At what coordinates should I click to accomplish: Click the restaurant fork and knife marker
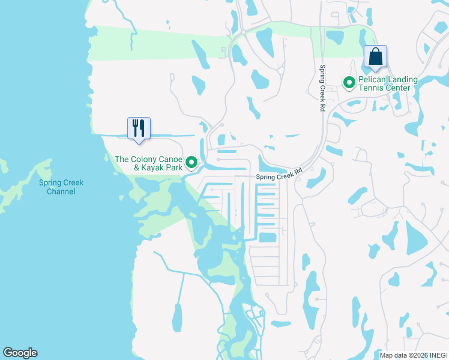(139, 128)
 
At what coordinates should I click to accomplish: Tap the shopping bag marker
(375, 56)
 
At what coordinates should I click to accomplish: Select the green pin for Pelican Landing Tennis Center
(348, 82)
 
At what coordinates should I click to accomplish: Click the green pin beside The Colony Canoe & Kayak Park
(191, 162)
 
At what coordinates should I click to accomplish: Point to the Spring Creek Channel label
(61, 187)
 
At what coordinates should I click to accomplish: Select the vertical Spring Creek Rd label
(322, 88)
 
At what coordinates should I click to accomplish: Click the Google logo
(20, 353)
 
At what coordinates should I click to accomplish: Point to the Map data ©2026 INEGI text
(413, 355)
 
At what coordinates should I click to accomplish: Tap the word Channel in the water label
(61, 191)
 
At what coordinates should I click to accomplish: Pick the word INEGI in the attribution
(437, 355)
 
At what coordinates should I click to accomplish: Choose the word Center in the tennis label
(398, 88)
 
